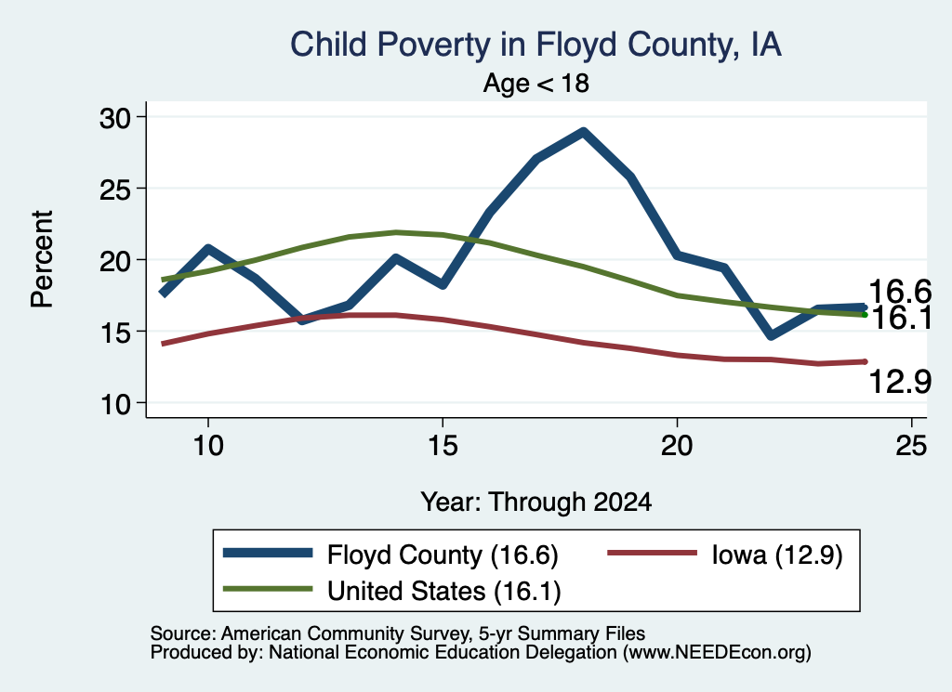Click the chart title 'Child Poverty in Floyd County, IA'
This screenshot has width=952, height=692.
coord(535,45)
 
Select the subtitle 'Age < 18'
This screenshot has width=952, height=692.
coord(536,83)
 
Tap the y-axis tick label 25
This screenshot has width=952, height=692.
coord(115,189)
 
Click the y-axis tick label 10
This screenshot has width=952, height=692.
coord(115,405)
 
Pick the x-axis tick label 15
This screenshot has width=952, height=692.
coord(443,446)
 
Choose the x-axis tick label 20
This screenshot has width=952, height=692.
coord(677,446)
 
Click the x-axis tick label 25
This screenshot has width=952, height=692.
coord(911,446)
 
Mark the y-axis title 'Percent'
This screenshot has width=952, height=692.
coord(43,259)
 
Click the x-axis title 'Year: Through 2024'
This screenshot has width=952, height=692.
coord(536,503)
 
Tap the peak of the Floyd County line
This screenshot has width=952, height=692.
coord(583,132)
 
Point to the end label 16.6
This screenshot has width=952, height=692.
coord(900,292)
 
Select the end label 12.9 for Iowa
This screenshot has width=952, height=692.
coord(900,382)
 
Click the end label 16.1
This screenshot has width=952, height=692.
coord(901,318)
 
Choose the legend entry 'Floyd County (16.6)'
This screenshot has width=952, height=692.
coord(443,555)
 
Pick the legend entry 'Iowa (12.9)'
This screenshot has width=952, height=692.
coord(777,555)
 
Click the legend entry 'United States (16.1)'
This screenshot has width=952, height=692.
coord(443,591)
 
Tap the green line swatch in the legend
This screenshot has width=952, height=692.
coord(268,589)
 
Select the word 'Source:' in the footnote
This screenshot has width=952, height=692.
coord(183,633)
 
